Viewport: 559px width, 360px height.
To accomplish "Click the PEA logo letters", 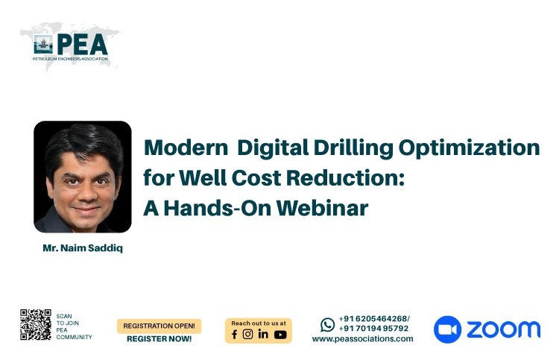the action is (x=82, y=45).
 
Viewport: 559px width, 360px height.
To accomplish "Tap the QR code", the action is (x=36, y=324).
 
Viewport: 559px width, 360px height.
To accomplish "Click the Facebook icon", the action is (x=234, y=335).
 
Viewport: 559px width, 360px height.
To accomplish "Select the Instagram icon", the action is (x=247, y=334).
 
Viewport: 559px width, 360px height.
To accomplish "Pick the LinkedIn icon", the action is (x=263, y=334).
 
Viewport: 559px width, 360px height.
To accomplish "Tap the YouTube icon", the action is (x=280, y=335).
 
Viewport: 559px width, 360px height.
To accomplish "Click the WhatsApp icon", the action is (x=328, y=325).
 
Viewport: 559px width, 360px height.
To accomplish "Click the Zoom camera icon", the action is (x=447, y=329).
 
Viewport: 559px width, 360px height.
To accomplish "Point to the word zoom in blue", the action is (x=504, y=329).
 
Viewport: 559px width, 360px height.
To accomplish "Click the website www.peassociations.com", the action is (x=362, y=339).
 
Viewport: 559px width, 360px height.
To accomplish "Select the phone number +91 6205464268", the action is (x=373, y=319).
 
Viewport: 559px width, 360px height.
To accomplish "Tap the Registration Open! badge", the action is (x=159, y=326).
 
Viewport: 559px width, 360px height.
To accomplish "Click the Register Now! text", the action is (x=159, y=339).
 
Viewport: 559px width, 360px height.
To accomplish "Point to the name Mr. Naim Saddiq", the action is (x=83, y=248).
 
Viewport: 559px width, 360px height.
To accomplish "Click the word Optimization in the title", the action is (x=469, y=148).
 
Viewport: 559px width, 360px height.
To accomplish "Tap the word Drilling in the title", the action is (x=353, y=148).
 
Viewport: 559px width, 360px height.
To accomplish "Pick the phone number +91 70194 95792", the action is (x=373, y=329).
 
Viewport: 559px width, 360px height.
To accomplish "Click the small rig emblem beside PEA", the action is (x=43, y=45).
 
